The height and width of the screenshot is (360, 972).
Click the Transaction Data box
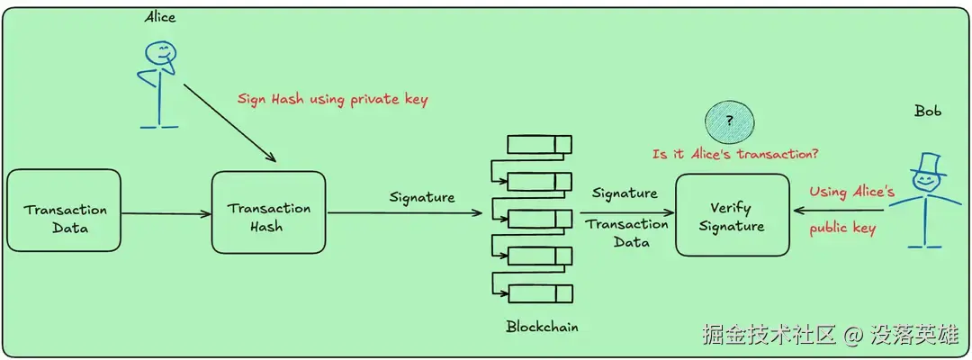(x=64, y=210)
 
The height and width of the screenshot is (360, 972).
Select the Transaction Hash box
(x=268, y=211)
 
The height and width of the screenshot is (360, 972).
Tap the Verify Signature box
(x=732, y=215)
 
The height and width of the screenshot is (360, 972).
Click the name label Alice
(x=160, y=17)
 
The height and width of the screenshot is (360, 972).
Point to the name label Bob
(x=927, y=112)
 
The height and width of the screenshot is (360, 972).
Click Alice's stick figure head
(x=159, y=52)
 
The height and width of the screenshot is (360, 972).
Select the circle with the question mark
(x=730, y=122)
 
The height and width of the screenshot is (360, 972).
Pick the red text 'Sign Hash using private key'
(x=332, y=100)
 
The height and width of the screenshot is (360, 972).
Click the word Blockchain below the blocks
(x=542, y=326)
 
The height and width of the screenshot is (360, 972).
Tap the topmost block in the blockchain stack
(x=540, y=144)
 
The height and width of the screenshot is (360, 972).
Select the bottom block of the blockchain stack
(x=540, y=293)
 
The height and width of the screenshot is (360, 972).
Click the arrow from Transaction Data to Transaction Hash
(x=166, y=214)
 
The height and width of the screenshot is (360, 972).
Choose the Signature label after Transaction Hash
(x=421, y=198)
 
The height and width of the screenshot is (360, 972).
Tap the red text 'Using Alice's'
(x=851, y=192)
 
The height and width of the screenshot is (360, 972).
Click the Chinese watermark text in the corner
(x=830, y=335)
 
